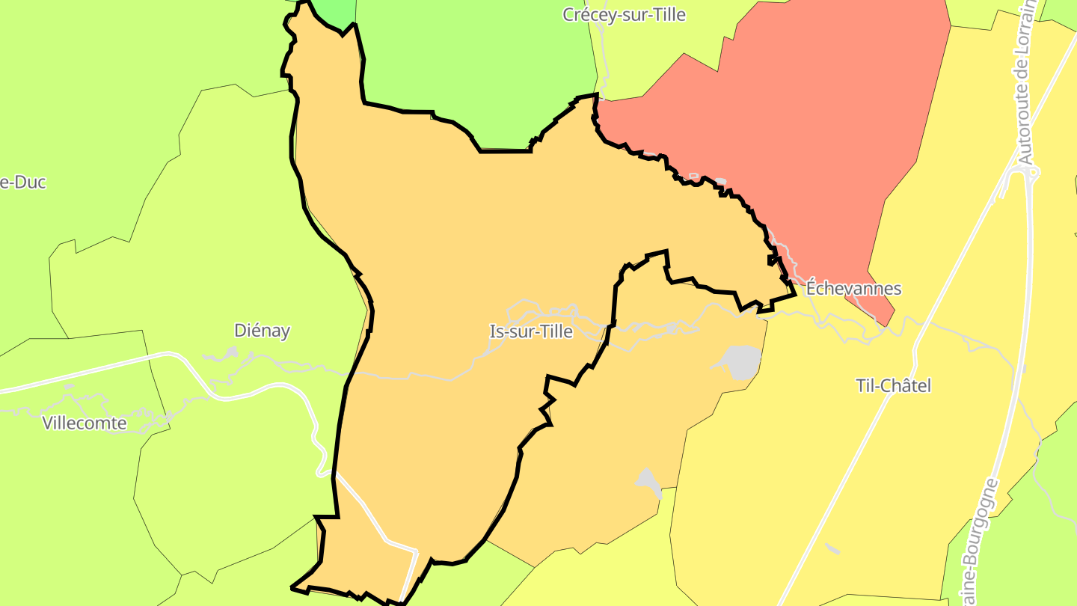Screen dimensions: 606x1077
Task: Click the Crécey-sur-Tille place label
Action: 624,15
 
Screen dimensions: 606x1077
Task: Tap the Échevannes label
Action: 853,289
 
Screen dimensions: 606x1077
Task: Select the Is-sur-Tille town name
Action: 530,331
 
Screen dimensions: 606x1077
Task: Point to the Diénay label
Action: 262,331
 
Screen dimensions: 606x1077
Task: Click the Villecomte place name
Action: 85,423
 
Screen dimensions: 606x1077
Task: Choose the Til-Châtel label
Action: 893,386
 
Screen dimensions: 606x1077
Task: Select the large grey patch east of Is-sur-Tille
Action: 738,361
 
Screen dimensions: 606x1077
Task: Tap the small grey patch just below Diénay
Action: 230,352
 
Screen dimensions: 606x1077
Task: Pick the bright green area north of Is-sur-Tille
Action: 479,67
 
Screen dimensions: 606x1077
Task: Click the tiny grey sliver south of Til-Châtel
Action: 832,548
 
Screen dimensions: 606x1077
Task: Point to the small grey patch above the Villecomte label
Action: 69,387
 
